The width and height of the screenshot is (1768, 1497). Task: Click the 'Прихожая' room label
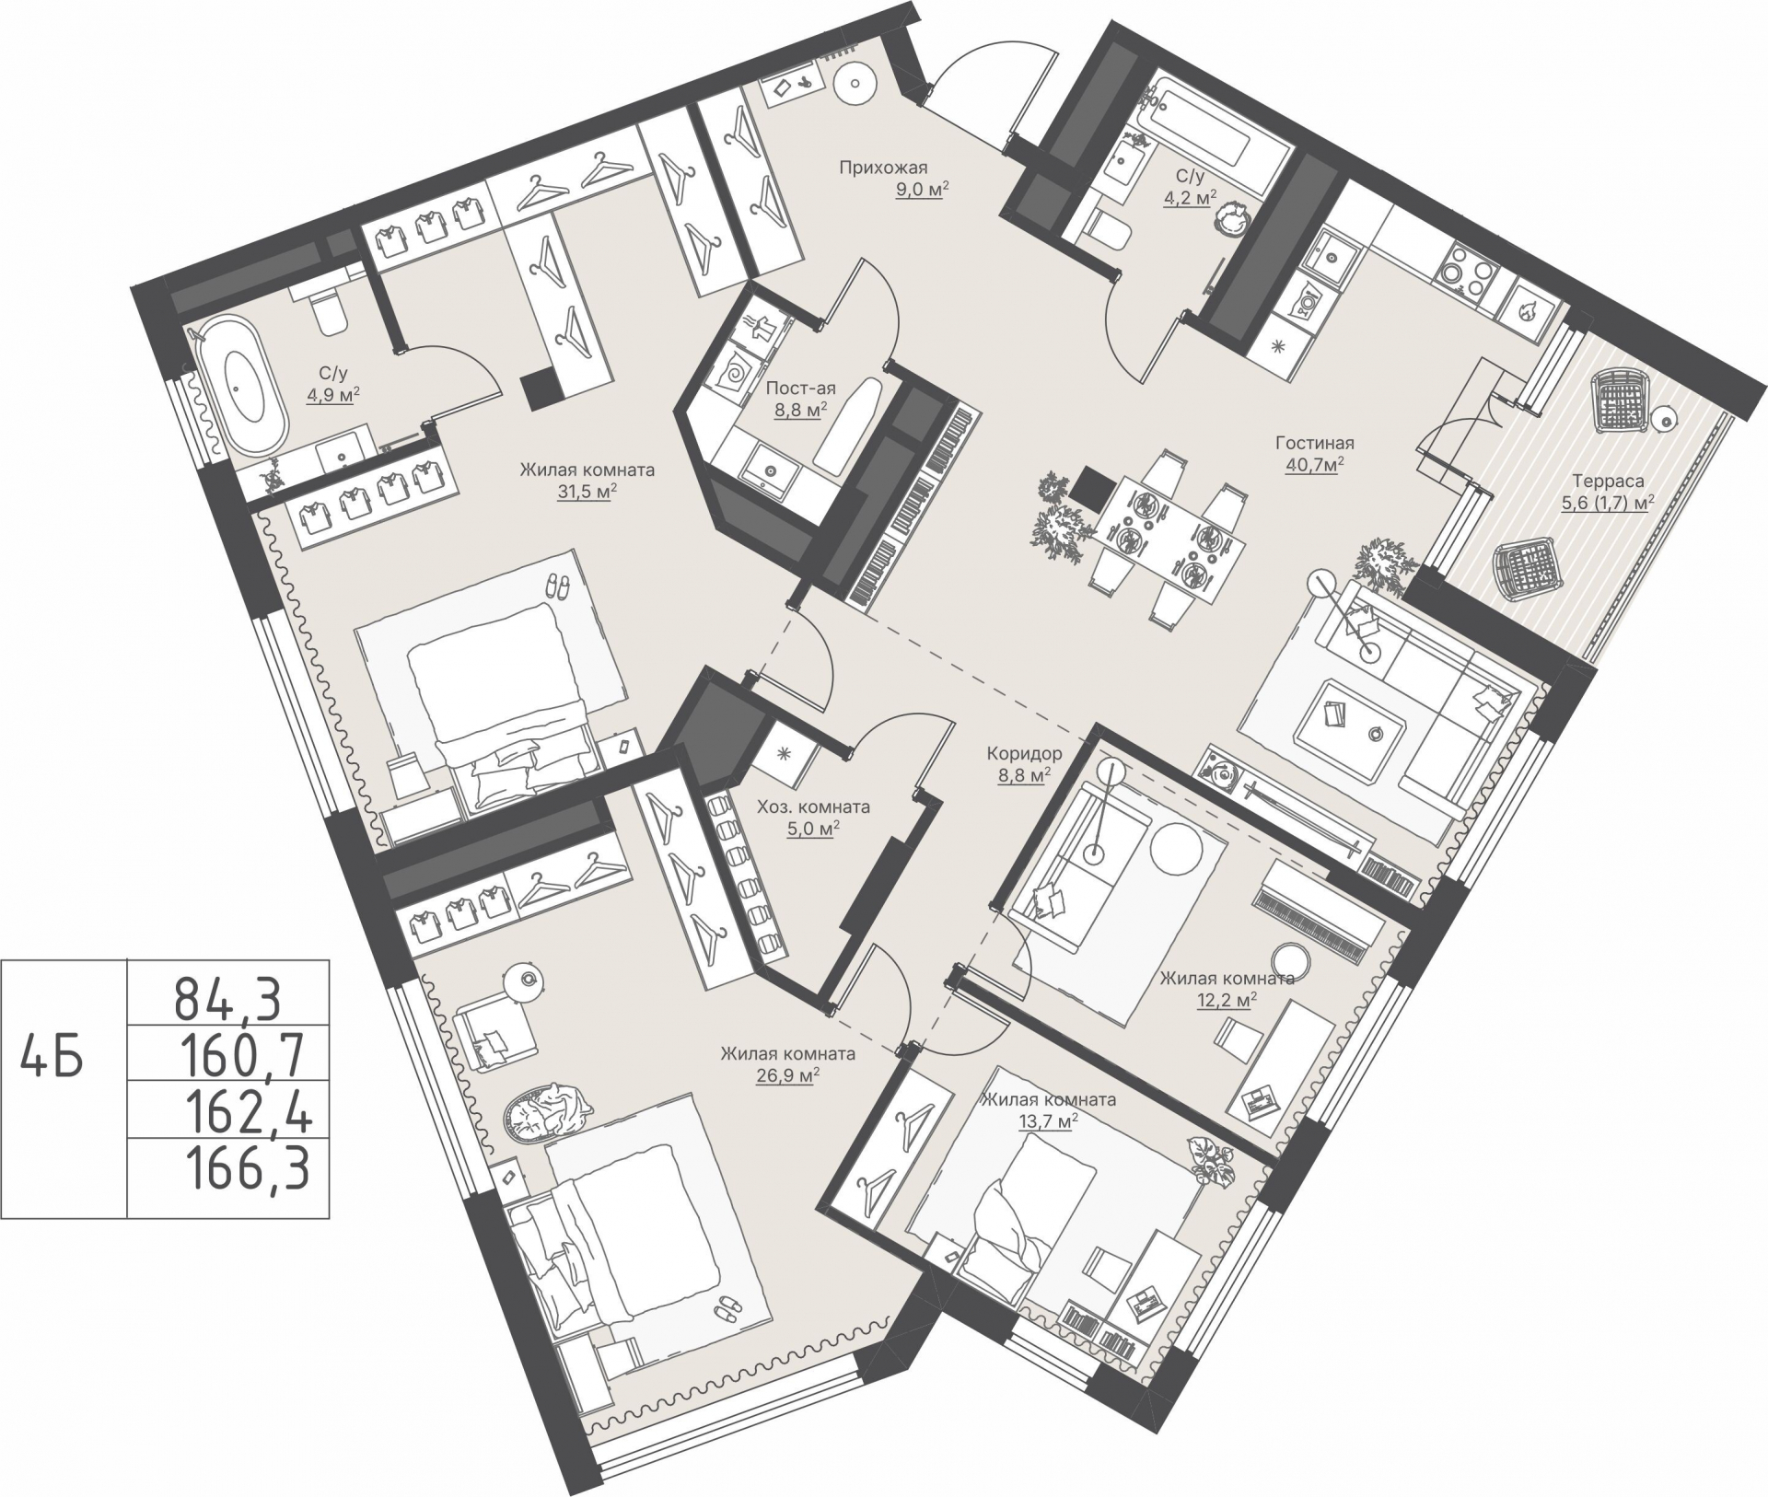[882, 168]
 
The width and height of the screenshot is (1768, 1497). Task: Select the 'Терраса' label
[1608, 480]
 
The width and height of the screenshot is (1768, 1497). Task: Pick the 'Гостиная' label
[1315, 444]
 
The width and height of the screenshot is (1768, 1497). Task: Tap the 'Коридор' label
[1024, 754]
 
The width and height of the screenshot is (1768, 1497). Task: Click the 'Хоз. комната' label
[813, 807]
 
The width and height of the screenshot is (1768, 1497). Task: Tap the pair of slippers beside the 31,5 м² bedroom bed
[557, 586]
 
